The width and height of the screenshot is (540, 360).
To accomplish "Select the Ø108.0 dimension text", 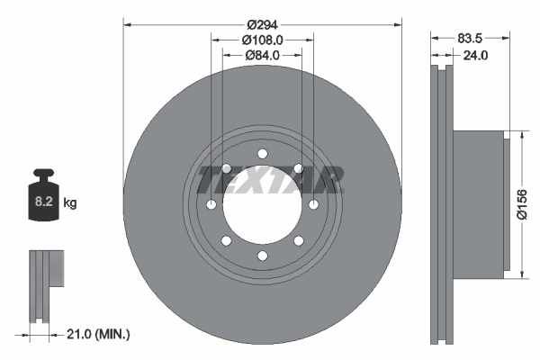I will (x=263, y=40).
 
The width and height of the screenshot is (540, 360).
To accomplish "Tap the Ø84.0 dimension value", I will (x=263, y=55).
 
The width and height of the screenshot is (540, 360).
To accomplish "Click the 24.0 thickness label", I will (x=474, y=55).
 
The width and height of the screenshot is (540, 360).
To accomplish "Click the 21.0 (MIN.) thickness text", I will (x=100, y=334).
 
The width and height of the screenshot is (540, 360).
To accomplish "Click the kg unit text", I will (x=70, y=203).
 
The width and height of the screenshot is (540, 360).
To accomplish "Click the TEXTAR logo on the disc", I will (x=271, y=179).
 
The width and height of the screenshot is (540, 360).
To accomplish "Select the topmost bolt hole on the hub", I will (x=262, y=153).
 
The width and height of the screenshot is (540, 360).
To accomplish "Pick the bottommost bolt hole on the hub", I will (x=262, y=256).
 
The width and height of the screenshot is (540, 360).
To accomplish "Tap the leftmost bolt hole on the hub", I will (x=211, y=205).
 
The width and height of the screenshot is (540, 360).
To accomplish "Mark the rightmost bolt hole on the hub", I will (x=314, y=205).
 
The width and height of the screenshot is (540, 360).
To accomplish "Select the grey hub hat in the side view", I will (x=477, y=204).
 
